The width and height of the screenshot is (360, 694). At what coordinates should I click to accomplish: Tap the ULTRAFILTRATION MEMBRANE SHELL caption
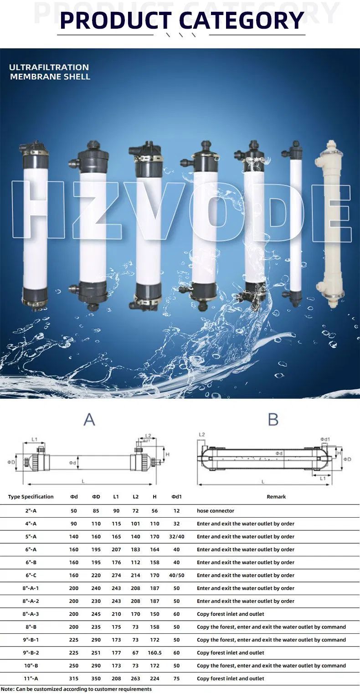coord(49,72)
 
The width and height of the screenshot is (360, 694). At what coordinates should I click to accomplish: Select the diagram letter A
coord(89,419)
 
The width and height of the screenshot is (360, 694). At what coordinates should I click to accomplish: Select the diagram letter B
coord(273,419)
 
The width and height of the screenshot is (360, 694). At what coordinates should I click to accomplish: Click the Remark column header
coord(276,497)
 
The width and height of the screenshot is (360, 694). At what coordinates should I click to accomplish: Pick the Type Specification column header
coord(31,497)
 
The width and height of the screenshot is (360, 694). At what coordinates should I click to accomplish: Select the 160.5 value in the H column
coord(155,653)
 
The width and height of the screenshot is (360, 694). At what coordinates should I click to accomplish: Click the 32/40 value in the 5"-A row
coord(177,536)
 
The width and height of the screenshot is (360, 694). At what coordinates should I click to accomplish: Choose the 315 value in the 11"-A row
coord(74,679)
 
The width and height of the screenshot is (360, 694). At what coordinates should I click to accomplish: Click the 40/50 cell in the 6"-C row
coord(177,575)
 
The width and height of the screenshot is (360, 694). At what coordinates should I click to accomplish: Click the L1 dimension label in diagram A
coord(35,440)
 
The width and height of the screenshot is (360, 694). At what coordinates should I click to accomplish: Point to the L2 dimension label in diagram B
coord(202,435)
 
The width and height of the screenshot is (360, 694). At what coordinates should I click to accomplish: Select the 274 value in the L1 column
coord(116,575)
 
